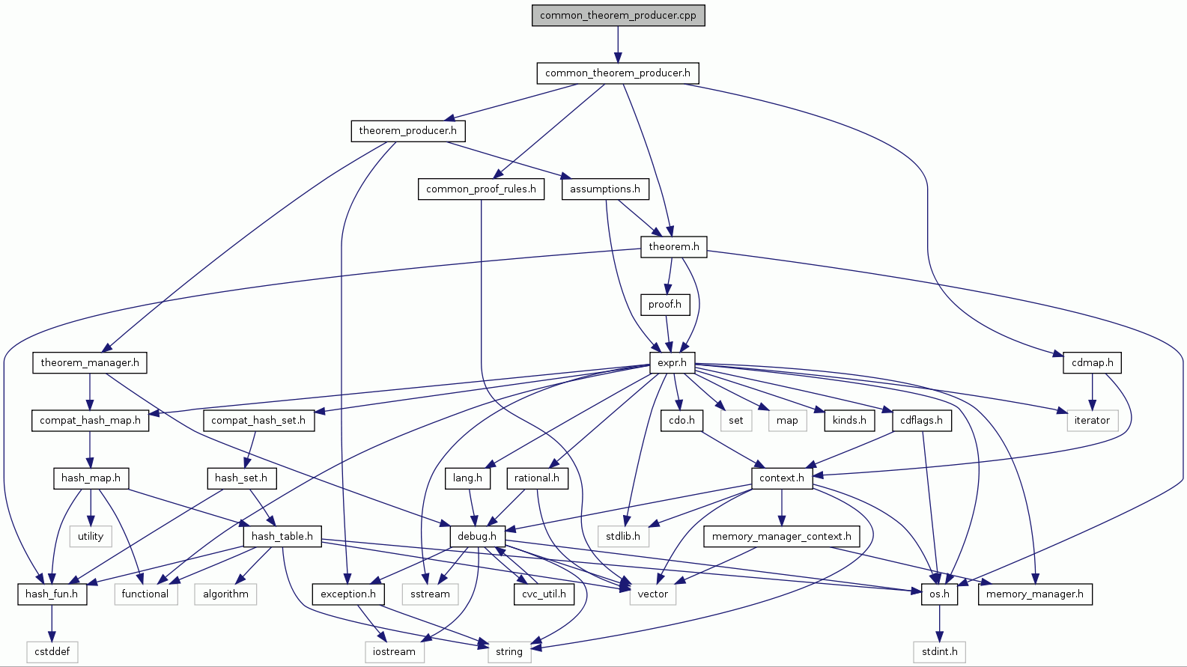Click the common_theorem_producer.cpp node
[x=618, y=15]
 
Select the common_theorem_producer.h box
[x=618, y=73]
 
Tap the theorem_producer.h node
[x=407, y=130]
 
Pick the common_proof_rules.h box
[x=481, y=189]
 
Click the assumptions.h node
[x=604, y=189]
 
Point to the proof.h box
[x=665, y=304]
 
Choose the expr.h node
[x=672, y=362]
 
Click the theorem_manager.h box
[x=90, y=362]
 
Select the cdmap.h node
[x=1092, y=362]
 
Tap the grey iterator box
[x=1092, y=420]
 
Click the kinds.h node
[x=849, y=420]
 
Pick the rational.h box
[x=537, y=478]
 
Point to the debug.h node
[x=477, y=536]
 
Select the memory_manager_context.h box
[x=781, y=536]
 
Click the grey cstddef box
[x=52, y=651]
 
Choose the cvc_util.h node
[x=544, y=594]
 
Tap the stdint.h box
[x=940, y=651]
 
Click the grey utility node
[x=91, y=536]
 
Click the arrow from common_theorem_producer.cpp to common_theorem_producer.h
[x=618, y=44]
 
